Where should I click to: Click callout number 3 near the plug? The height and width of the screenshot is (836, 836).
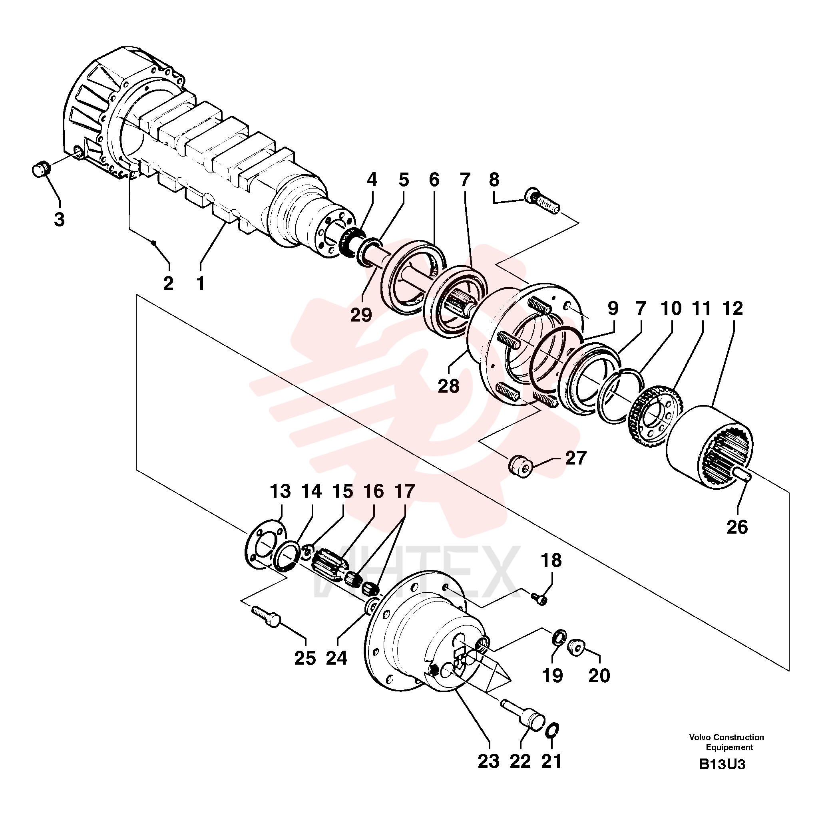pos(59,219)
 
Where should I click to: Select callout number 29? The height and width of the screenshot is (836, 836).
pos(361,315)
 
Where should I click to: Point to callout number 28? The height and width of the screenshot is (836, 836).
pos(448,385)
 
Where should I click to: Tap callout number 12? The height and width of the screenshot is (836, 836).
pos(732,308)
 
